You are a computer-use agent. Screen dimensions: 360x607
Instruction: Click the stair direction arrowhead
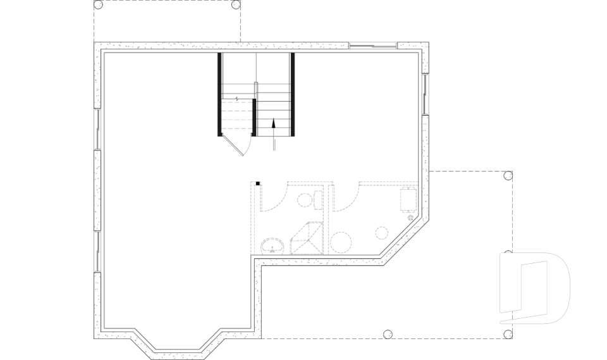(x=274, y=123)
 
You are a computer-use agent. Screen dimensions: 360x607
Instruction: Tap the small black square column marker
(x=259, y=183)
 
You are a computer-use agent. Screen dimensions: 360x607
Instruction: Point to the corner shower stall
(x=307, y=239)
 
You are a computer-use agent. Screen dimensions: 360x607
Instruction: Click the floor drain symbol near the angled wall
(x=410, y=218)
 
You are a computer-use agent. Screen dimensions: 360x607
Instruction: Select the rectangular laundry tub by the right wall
(x=408, y=199)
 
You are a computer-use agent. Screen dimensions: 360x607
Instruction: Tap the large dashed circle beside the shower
(x=342, y=242)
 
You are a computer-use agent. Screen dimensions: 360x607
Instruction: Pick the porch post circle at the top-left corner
(x=98, y=4)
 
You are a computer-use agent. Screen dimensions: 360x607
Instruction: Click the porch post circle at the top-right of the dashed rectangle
(x=236, y=4)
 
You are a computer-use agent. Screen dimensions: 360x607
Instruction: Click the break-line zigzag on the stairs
(x=237, y=99)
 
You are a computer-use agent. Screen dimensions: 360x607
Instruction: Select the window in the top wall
(x=373, y=45)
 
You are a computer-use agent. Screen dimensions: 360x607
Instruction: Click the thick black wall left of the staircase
(x=219, y=94)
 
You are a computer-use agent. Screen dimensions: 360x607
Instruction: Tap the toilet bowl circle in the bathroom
(x=303, y=199)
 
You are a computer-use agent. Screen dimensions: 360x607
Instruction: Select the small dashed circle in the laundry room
(x=382, y=232)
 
